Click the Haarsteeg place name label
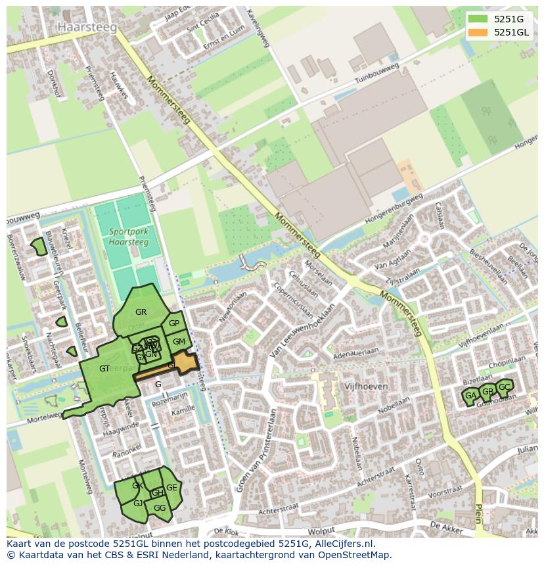click(x=87, y=27)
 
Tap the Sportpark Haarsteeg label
click(x=128, y=237)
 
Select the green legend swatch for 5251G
click(x=478, y=19)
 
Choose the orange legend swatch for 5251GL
click(x=478, y=32)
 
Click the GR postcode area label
click(x=141, y=312)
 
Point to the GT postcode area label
click(x=104, y=369)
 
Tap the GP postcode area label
click(x=174, y=323)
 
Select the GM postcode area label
click(x=179, y=341)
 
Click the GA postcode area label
click(x=470, y=396)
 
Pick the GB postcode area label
click(x=487, y=392)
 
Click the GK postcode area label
click(x=137, y=486)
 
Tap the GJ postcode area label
click(x=138, y=503)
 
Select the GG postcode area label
click(x=160, y=507)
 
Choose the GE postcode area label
click(x=171, y=488)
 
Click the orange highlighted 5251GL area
click(x=185, y=362)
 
